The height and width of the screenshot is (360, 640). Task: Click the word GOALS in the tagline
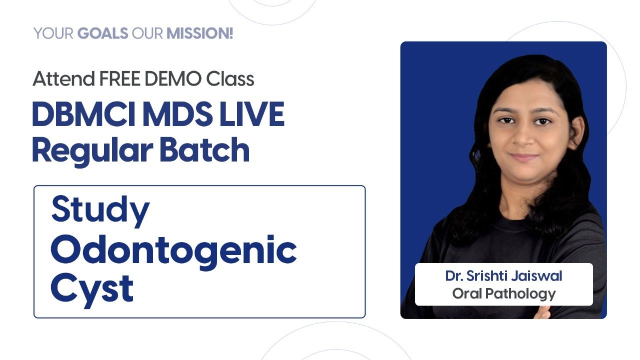coord(102,34)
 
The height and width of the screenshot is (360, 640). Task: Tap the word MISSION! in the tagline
coord(199,34)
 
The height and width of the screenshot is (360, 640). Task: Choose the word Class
coord(230,79)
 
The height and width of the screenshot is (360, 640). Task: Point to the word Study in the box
coord(100,210)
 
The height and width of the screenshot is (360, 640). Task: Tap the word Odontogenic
coord(173,250)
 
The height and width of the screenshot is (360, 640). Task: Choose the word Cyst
coord(92,288)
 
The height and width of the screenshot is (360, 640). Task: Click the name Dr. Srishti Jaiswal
coord(503,276)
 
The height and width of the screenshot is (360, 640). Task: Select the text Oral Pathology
coord(503,293)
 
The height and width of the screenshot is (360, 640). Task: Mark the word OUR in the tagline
coord(147,34)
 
